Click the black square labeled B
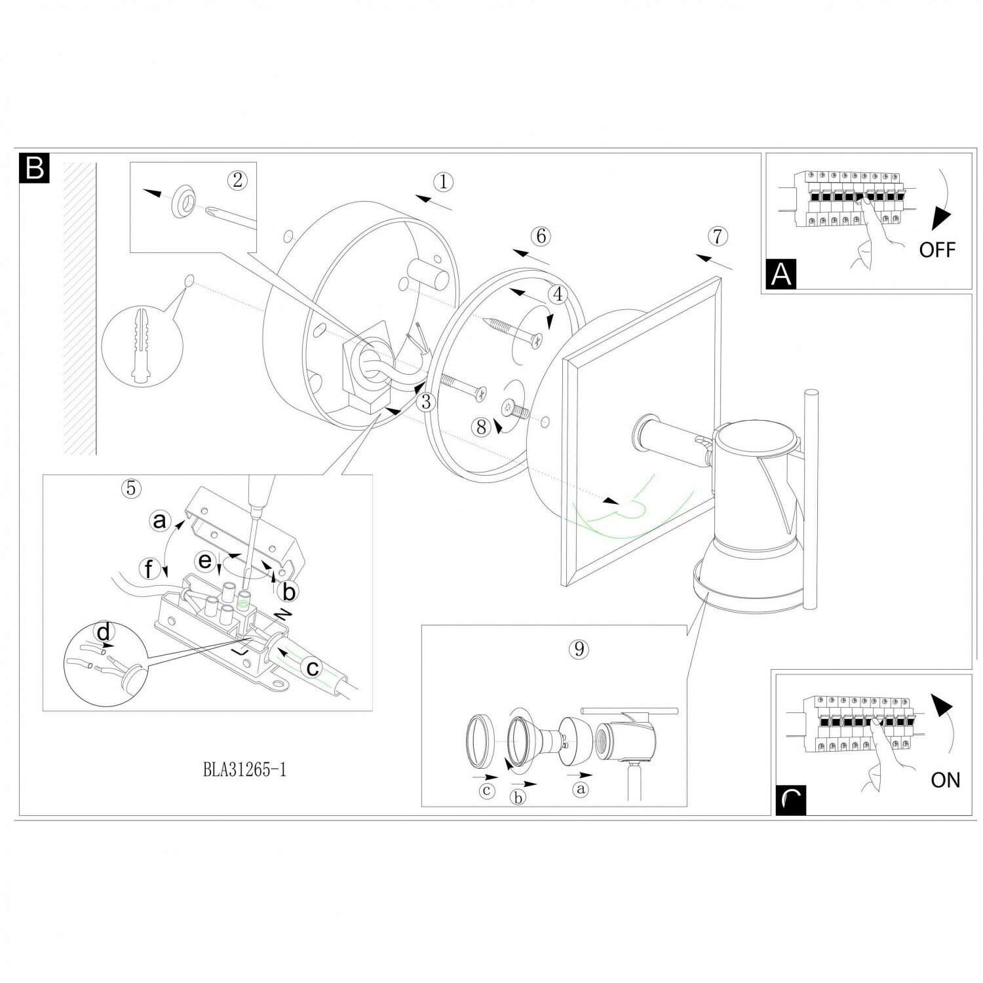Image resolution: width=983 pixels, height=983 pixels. pyautogui.click(x=34, y=168)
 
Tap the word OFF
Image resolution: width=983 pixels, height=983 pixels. pyautogui.click(x=937, y=249)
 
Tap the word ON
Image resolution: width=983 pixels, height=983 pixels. pyautogui.click(x=945, y=780)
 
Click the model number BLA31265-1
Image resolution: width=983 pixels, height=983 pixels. pyautogui.click(x=244, y=770)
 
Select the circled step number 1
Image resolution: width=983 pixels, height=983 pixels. pyautogui.click(x=444, y=182)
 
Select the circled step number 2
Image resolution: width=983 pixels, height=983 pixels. pyautogui.click(x=237, y=180)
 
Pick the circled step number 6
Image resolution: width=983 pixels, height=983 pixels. pyautogui.click(x=541, y=236)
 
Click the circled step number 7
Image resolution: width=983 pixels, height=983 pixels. pyautogui.click(x=718, y=236)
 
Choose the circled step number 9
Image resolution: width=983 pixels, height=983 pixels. pyautogui.click(x=578, y=649)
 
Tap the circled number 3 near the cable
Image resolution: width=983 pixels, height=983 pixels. pyautogui.click(x=426, y=401)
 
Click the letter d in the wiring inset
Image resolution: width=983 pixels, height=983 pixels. pyautogui.click(x=104, y=634)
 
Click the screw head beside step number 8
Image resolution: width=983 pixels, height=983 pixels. pyautogui.click(x=509, y=408)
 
